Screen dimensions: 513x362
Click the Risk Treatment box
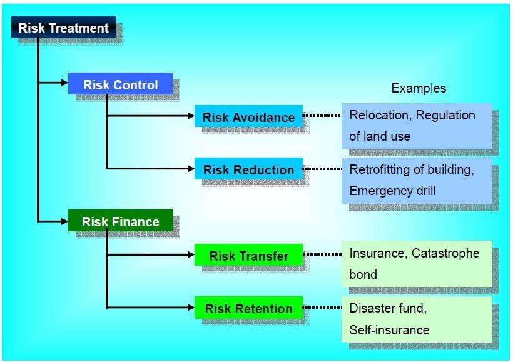tap(63, 27)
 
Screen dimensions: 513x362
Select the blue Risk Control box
tap(120, 83)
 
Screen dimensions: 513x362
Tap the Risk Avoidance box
tap(248, 116)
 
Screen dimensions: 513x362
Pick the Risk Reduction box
tap(248, 168)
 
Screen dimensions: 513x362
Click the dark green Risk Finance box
tap(120, 221)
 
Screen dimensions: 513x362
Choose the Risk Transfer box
tap(248, 254)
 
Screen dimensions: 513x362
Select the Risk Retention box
tap(248, 308)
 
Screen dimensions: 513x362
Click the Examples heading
tap(419, 88)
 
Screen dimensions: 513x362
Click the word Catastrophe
tap(445, 253)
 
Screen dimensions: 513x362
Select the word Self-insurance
tap(389, 330)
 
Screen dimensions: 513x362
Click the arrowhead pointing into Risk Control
tap(64, 83)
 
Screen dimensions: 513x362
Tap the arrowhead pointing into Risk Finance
tap(64, 221)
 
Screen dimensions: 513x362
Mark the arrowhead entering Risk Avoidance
tap(191, 116)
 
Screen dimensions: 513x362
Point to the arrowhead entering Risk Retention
tap(191, 308)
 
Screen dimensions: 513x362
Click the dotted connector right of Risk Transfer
tap(323, 254)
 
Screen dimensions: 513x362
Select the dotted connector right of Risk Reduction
tap(323, 169)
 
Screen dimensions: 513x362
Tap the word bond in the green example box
tap(363, 274)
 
